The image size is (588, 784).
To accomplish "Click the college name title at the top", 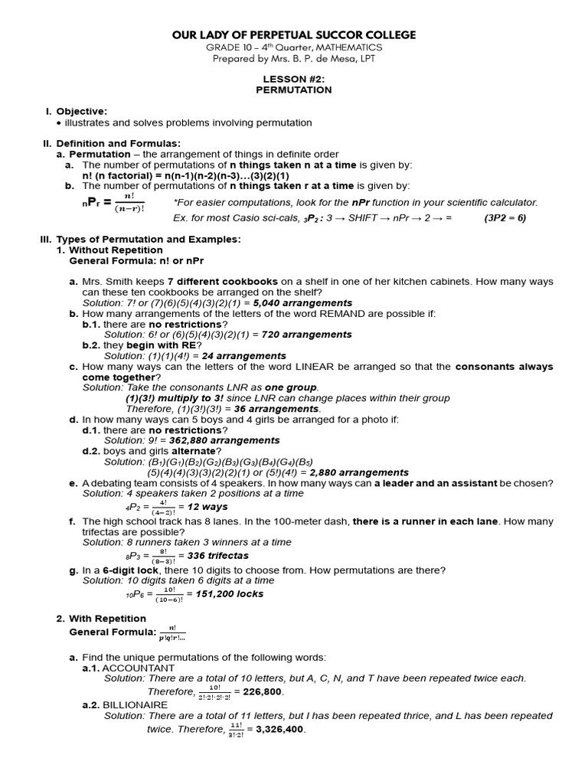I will [x=294, y=35].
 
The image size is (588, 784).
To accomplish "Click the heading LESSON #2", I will [x=294, y=79].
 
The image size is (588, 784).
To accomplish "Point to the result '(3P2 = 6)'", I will [x=505, y=217].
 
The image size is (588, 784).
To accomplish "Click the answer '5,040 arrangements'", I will [x=307, y=303].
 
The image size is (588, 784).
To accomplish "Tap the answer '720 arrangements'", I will [x=306, y=335].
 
